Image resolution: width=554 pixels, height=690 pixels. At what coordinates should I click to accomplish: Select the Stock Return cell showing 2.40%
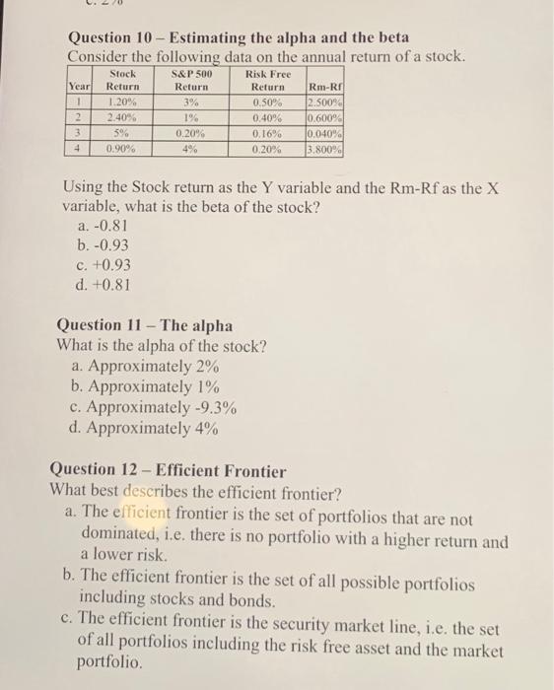point(122,116)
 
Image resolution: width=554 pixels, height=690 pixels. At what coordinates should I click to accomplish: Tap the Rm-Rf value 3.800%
point(324,150)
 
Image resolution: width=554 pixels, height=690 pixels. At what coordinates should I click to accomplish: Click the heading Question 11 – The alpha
point(145,324)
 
